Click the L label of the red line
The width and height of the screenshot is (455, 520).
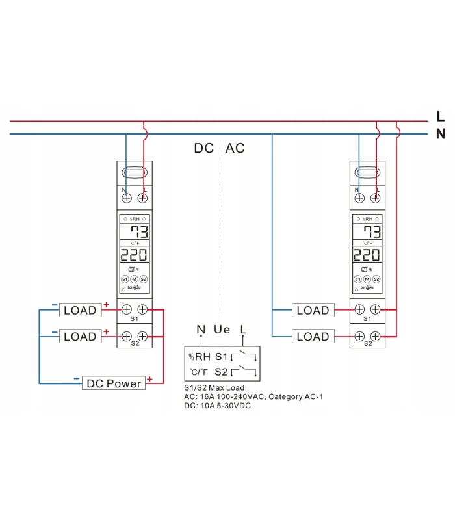pos(441,116)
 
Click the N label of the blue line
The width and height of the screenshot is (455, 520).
pos(441,135)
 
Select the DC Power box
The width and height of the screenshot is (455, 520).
pos(114,383)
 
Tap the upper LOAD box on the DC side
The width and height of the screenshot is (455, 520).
pos(80,310)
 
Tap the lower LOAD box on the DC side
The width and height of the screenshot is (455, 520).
pos(80,337)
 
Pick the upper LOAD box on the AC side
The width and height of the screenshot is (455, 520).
pos(313,310)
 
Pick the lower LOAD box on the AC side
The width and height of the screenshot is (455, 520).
pos(313,337)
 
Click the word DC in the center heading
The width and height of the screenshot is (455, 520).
pos(204,148)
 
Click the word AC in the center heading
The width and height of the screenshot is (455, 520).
pos(235,148)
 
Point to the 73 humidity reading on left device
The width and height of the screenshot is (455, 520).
pos(138,233)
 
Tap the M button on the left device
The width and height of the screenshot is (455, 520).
pos(135,279)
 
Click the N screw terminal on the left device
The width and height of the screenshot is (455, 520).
pos(126,197)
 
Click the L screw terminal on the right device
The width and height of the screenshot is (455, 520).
pos(376,197)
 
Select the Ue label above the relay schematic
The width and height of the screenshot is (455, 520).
pos(222,330)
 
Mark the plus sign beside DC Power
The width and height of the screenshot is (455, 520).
pos(149,379)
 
